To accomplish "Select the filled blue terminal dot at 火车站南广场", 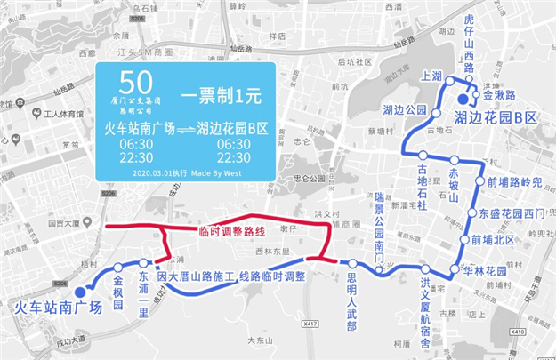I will [80, 292].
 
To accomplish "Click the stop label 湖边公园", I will [405, 110].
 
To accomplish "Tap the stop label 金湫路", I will [499, 93].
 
